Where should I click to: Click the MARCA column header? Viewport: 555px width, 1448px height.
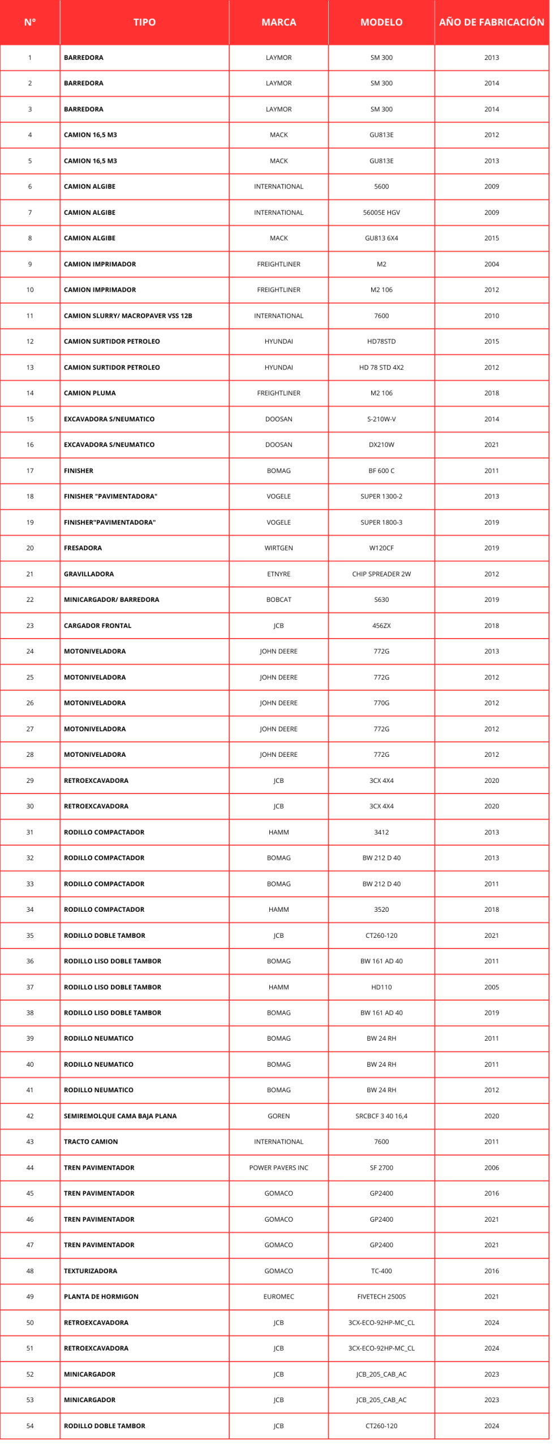pos(278,22)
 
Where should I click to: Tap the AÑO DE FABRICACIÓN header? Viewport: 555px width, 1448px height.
pos(491,22)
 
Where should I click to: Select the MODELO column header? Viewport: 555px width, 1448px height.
pos(381,22)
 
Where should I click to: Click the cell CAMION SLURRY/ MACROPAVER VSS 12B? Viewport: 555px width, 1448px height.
pos(128,316)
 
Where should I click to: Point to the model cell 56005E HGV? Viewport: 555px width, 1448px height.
pos(381,213)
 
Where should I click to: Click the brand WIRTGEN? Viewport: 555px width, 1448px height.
pos(278,548)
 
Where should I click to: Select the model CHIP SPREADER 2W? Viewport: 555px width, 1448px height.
pos(381,574)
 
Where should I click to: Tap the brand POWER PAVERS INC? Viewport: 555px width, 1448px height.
pos(278,1167)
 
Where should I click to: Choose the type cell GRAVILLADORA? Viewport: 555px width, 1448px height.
pos(89,574)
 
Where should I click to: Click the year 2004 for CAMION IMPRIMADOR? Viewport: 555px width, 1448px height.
pos(491,264)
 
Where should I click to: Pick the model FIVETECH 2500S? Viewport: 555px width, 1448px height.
pos(381,1296)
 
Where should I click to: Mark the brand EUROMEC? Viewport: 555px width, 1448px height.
pos(278,1296)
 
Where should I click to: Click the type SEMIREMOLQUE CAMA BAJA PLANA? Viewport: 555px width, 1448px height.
pos(120,1116)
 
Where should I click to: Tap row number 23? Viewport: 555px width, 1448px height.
pos(30,626)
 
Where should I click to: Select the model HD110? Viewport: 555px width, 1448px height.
pos(381,987)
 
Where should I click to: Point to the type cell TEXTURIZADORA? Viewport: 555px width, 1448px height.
pos(91,1271)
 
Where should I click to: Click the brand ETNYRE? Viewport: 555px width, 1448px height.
pos(278,574)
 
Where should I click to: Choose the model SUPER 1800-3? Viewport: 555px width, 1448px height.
pos(381,523)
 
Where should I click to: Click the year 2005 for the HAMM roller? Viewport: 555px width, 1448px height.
pos(491,987)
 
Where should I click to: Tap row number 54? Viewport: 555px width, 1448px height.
pos(30,1426)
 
